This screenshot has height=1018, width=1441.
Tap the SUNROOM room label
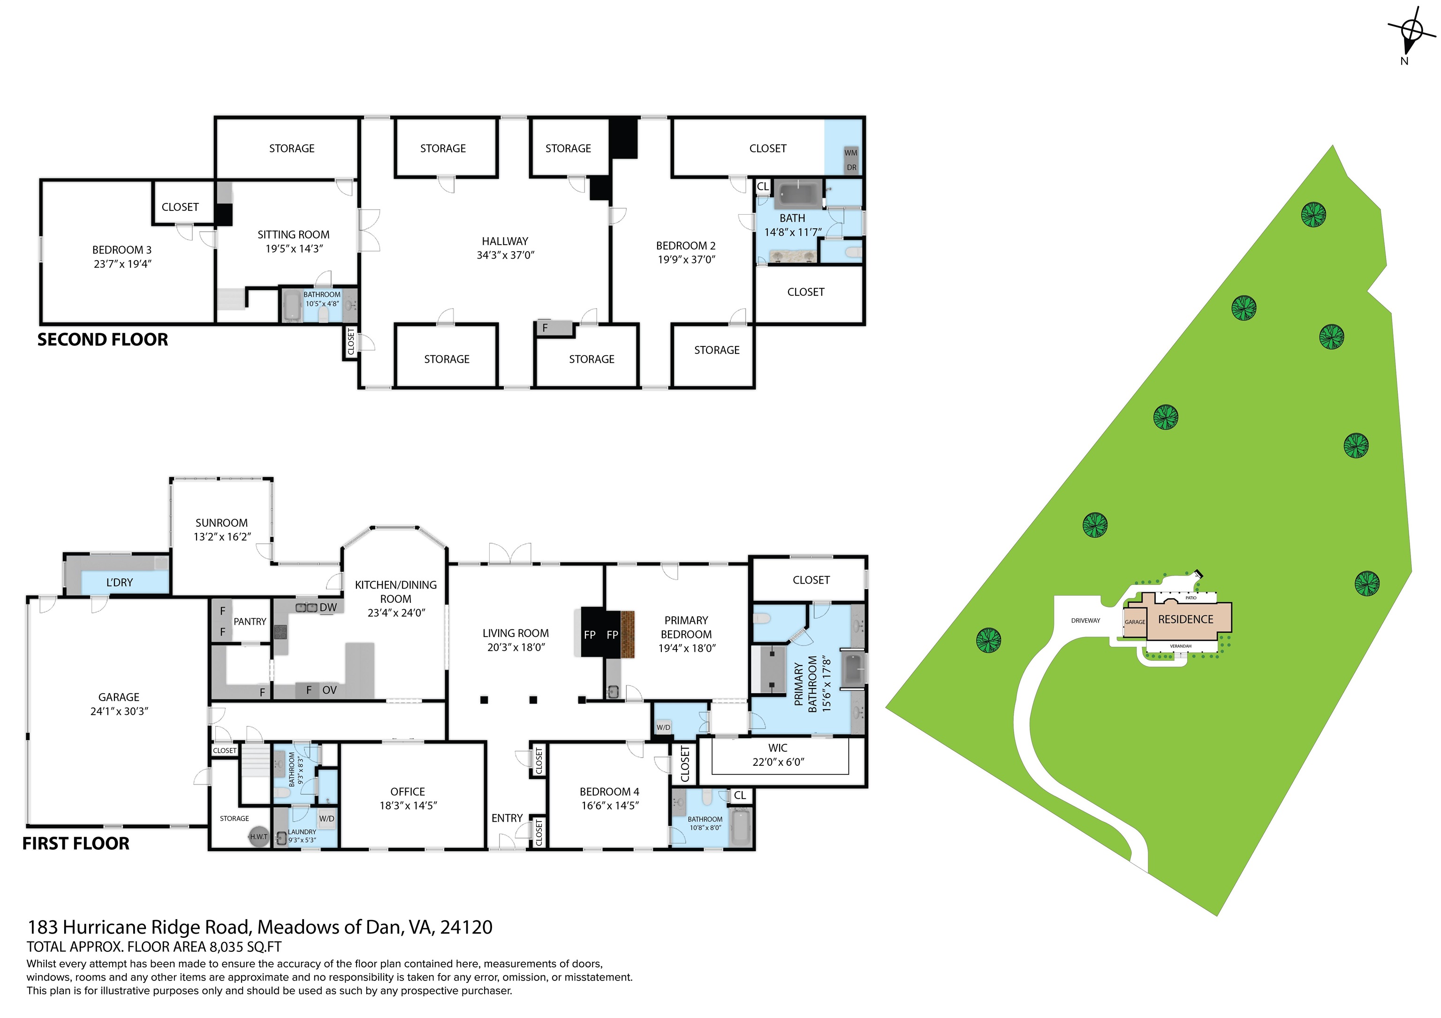coord(221,523)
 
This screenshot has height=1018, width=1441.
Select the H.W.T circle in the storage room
coord(258,837)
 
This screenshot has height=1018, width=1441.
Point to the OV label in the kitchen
coord(329,690)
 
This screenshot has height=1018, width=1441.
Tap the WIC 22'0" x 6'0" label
coord(778,755)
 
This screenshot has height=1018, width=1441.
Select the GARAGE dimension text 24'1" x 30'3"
coord(119,711)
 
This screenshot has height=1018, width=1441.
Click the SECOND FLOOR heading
coord(102,339)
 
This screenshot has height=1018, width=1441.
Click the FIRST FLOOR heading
coord(76,844)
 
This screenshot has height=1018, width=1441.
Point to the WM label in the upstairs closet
coord(850,152)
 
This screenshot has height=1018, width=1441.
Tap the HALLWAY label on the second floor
coord(505,241)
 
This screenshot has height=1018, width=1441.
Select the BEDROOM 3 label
coord(122,250)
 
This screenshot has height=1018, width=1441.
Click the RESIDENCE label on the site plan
coord(1185,619)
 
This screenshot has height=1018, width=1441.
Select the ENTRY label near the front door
coord(507,818)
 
